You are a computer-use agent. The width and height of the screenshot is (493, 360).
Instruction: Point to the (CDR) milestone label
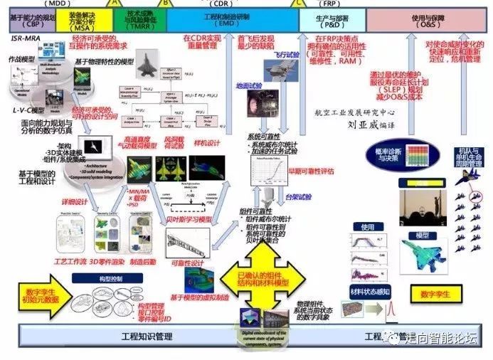222,4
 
